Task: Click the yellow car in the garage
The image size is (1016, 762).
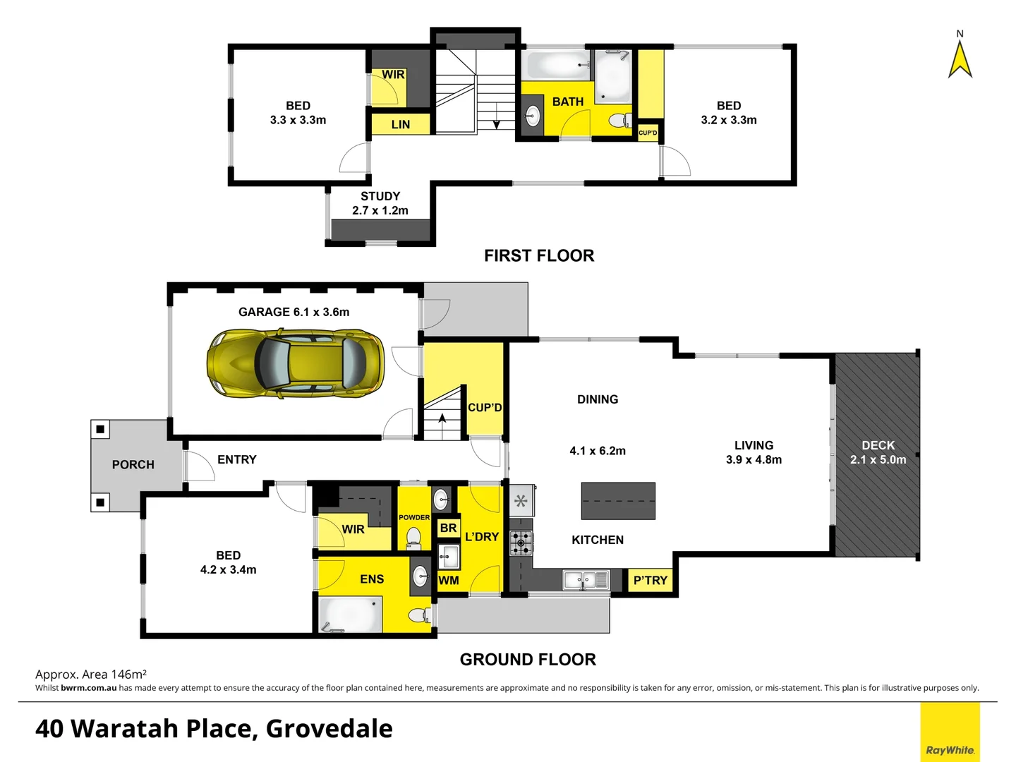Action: click(295, 363)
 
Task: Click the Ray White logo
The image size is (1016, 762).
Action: click(950, 749)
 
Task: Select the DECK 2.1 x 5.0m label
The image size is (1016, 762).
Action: click(878, 452)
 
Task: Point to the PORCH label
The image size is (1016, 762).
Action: click(133, 464)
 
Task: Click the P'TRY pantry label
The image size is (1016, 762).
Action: click(650, 580)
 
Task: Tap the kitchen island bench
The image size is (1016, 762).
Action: click(618, 500)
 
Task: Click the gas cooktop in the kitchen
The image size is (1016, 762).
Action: click(521, 543)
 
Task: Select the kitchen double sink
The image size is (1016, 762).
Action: click(586, 580)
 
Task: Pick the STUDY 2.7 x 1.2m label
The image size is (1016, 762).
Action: click(380, 203)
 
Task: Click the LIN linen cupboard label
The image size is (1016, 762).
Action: click(400, 124)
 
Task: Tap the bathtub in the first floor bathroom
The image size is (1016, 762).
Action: click(557, 65)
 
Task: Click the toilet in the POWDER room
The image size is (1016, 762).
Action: click(413, 539)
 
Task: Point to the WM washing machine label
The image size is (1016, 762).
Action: click(449, 580)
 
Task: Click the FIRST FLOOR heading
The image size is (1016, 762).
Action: click(539, 255)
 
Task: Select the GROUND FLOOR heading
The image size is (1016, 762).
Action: click(528, 659)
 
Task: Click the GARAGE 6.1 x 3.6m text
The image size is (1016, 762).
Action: click(294, 312)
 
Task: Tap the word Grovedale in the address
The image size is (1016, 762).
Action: click(329, 728)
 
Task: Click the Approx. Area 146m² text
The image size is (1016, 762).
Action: click(91, 675)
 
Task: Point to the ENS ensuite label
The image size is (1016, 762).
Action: click(372, 579)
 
